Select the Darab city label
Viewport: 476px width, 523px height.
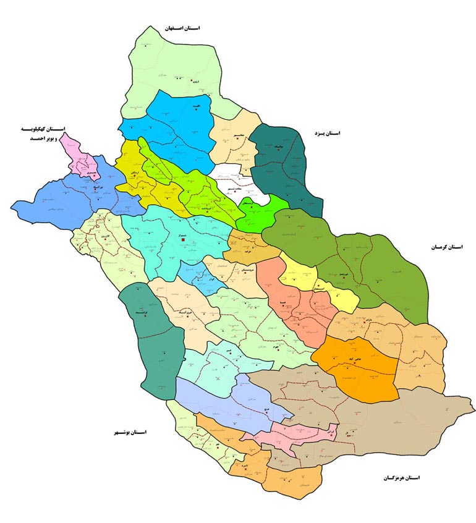click(349, 320)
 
